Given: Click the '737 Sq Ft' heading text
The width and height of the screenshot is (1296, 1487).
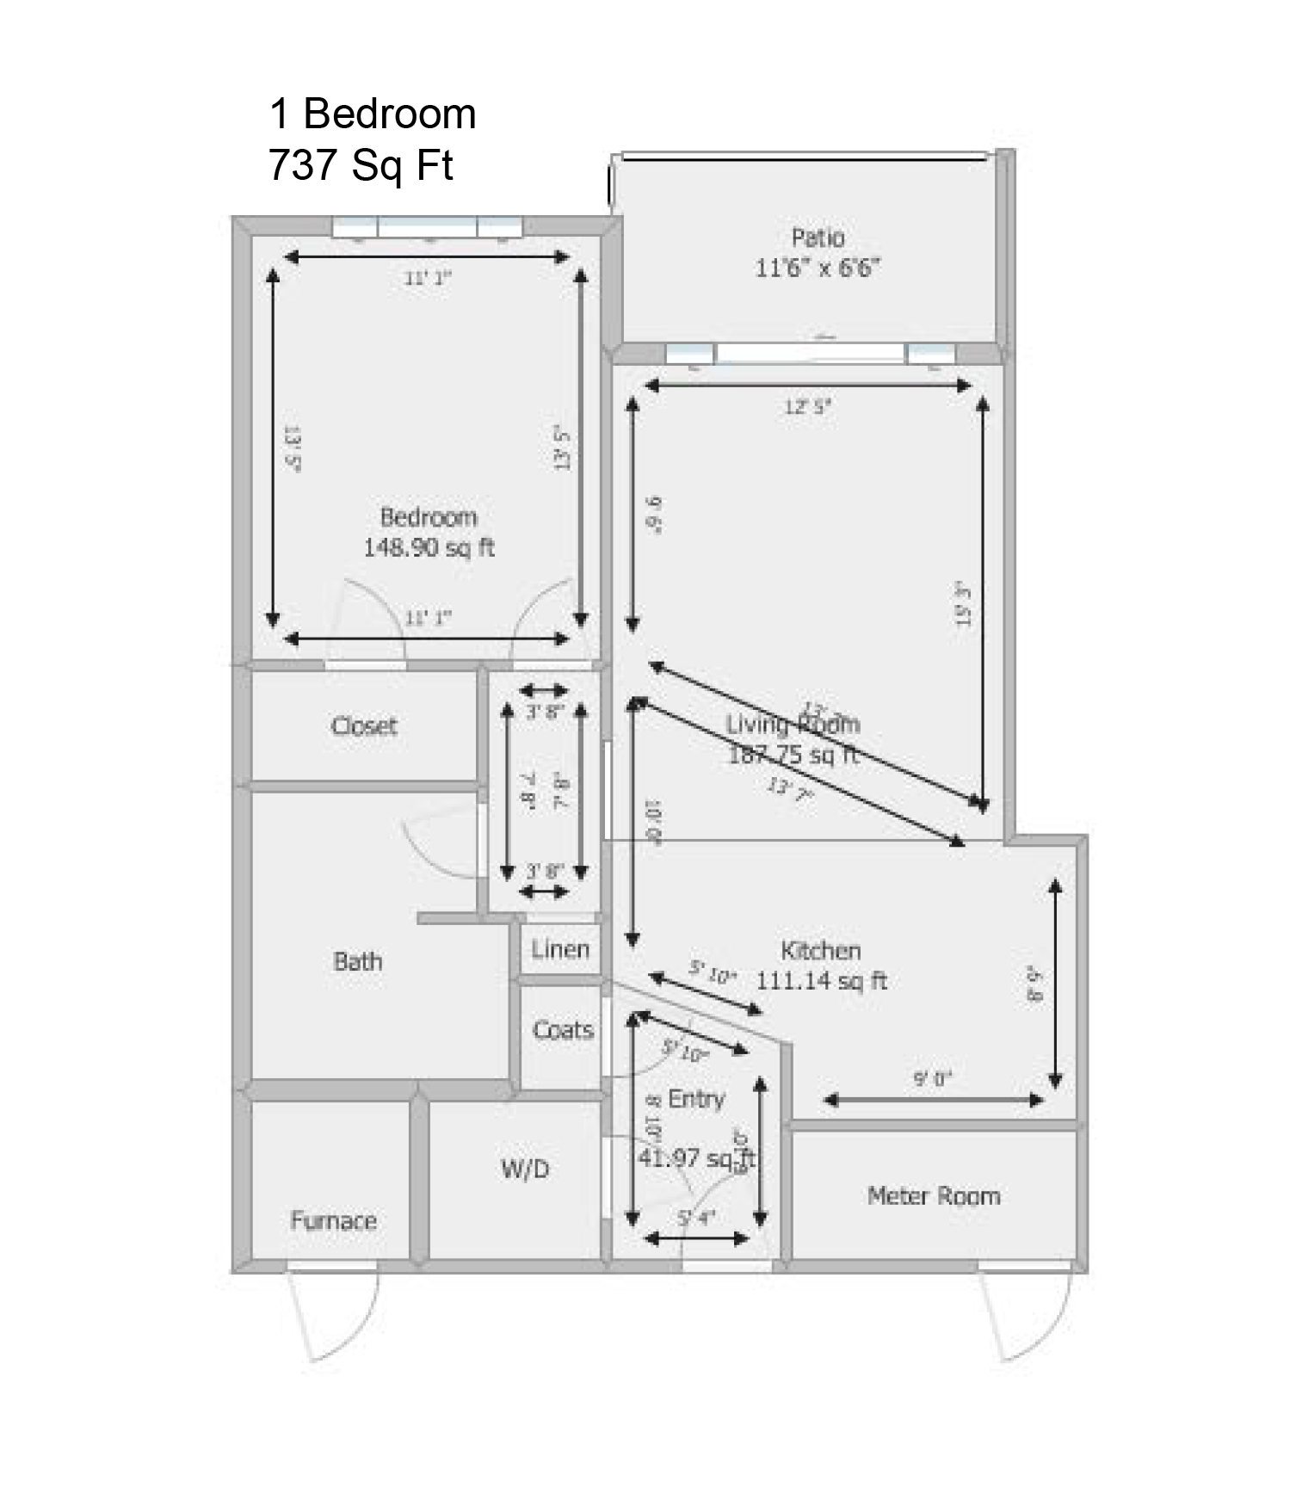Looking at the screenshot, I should coord(361,165).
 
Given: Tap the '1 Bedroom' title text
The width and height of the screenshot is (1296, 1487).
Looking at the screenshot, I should coord(373,114).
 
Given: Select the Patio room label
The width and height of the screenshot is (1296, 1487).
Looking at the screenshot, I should coord(818,238).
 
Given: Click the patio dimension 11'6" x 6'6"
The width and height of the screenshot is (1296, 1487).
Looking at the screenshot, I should coord(818,268).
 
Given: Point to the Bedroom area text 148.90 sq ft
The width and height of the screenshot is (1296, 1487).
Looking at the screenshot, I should coord(429,547).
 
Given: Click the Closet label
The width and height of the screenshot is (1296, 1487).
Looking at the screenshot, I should coord(364,726).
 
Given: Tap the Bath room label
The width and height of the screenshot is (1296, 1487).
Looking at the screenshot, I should coord(357,961).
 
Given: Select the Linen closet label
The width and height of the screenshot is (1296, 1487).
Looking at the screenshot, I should coord(560,949).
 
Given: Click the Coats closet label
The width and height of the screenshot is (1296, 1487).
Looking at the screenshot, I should coord(563,1029).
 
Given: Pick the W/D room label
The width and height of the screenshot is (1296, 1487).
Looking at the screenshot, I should coord(525,1169).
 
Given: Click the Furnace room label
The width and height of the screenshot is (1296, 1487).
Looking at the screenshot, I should coord(333,1221).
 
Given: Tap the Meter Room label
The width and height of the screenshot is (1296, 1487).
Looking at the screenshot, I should coord(934,1196).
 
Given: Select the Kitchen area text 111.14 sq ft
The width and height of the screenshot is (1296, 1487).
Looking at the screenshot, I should coord(821,981).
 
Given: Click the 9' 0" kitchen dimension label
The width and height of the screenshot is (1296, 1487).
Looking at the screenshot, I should coord(933,1079).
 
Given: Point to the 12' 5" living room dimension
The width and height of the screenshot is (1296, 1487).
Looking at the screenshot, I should coord(807,407).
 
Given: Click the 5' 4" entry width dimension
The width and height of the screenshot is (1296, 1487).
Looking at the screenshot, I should coord(696,1218).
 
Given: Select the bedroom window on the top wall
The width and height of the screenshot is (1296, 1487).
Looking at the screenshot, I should coord(428,227).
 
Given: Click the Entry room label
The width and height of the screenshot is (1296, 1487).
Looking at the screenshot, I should coord(696,1099).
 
